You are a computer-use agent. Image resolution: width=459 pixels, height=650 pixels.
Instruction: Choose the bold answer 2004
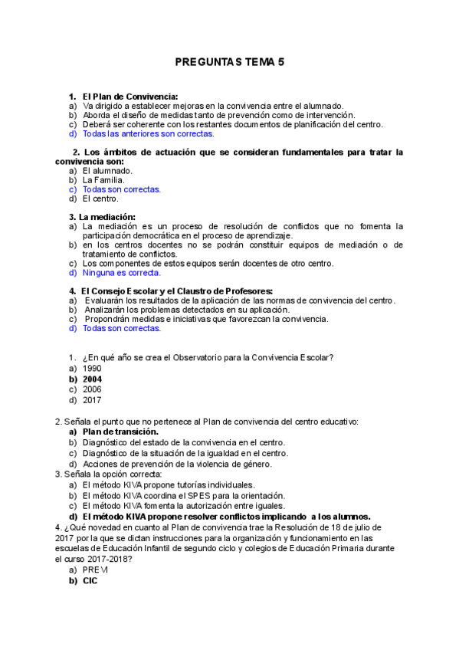click(93, 379)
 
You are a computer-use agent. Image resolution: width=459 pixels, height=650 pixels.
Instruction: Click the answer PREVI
click(96, 570)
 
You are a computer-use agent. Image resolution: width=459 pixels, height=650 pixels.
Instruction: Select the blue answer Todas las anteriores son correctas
click(148, 133)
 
